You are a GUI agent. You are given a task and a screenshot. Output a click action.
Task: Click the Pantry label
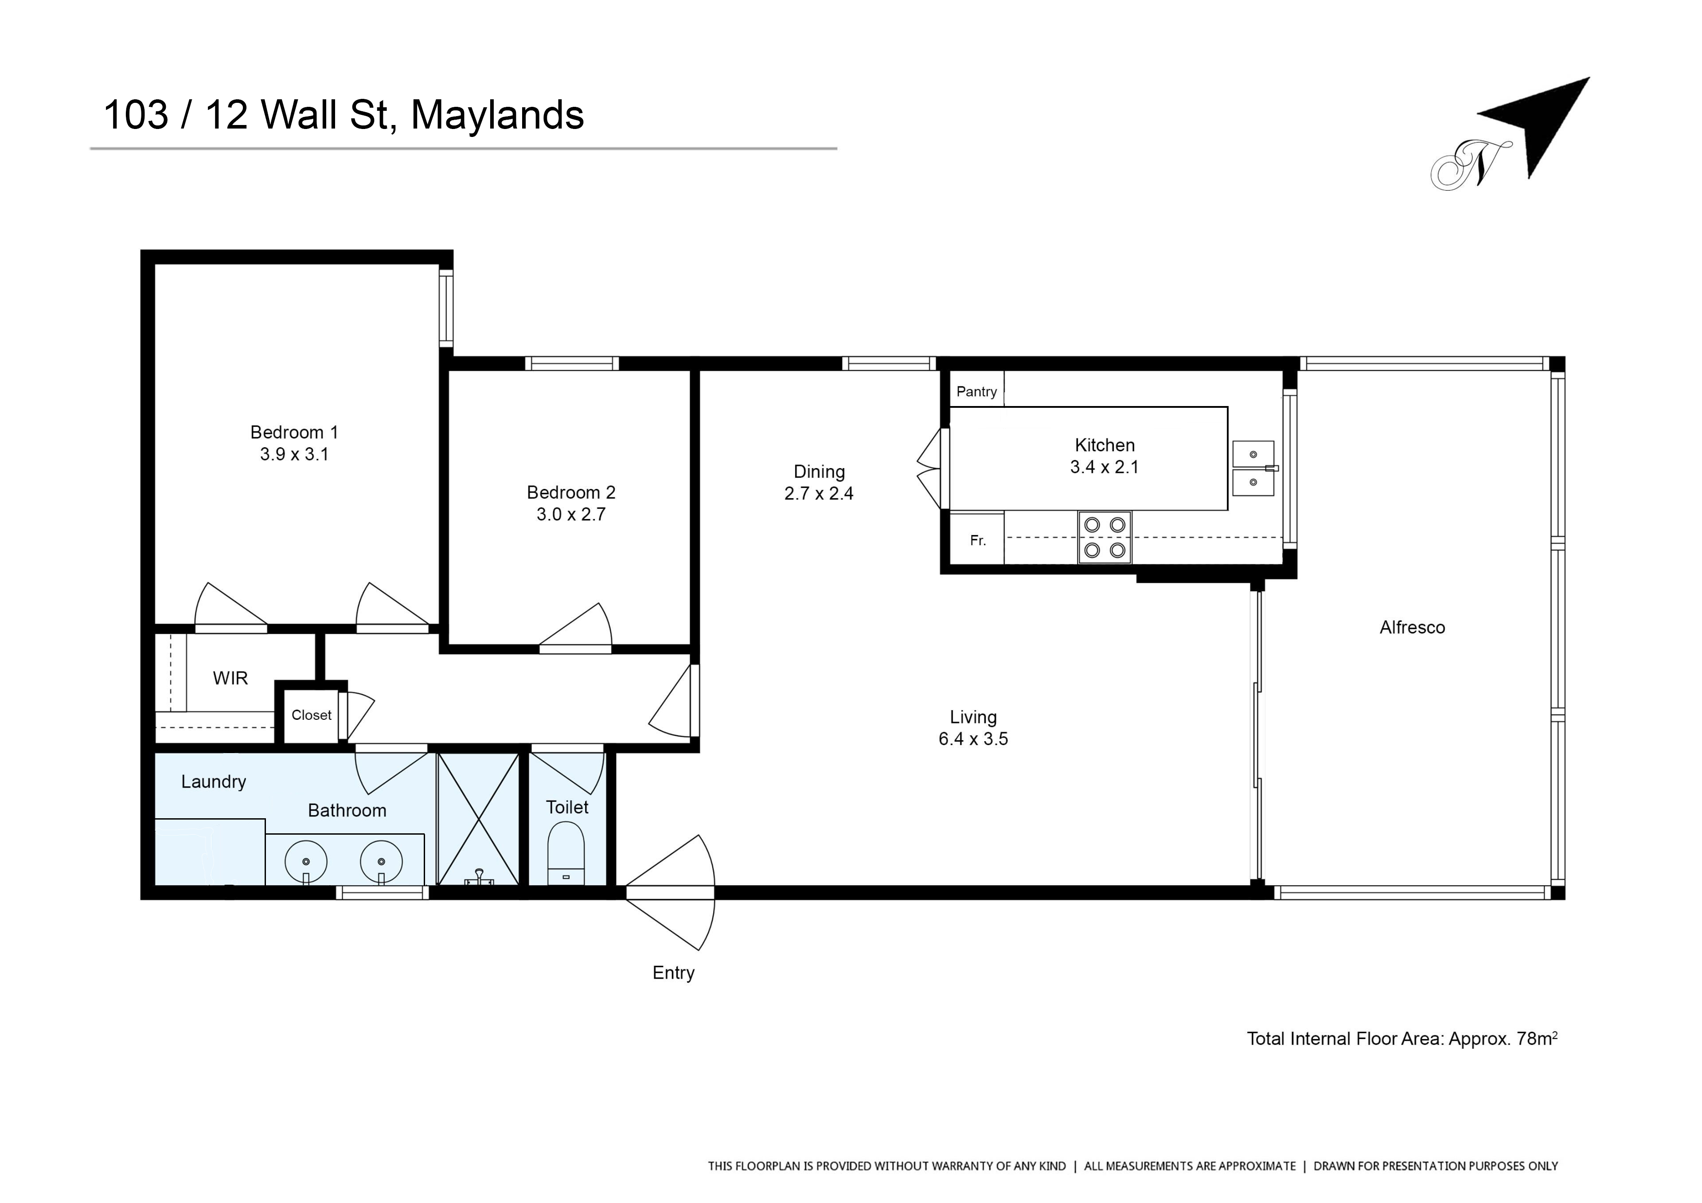pyautogui.click(x=976, y=391)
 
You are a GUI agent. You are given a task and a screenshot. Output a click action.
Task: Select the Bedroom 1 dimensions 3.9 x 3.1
pyautogui.click(x=294, y=454)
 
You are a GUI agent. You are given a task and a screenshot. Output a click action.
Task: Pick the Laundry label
pyautogui.click(x=214, y=782)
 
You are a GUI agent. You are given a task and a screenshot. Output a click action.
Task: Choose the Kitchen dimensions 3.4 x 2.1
pyautogui.click(x=1105, y=466)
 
